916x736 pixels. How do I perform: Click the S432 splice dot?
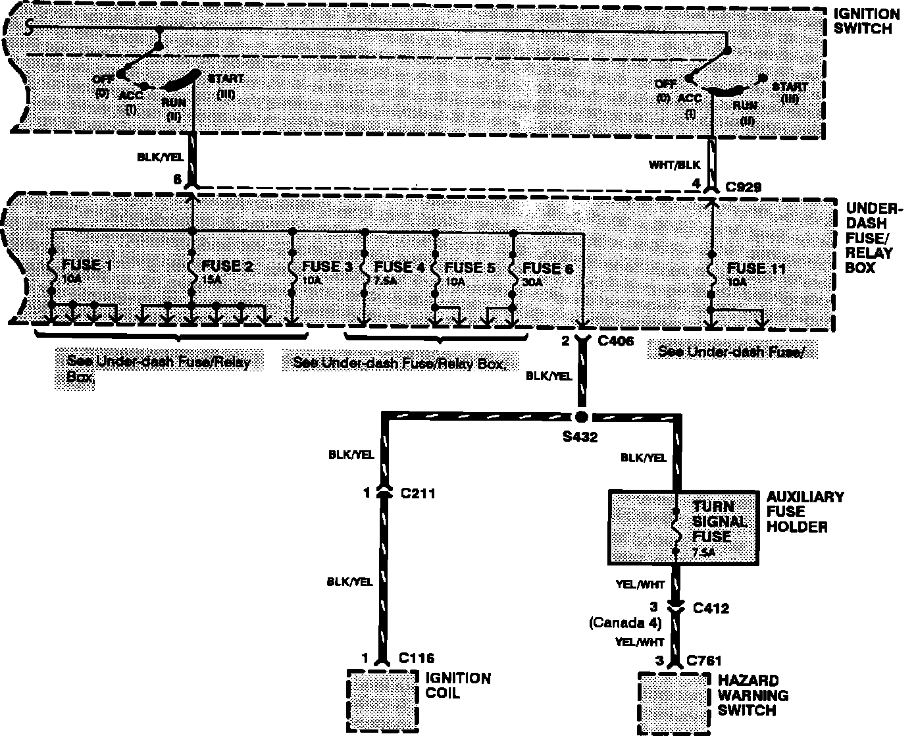coord(580,417)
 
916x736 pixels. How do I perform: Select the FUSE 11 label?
coord(756,269)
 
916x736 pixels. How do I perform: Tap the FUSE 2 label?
coord(227,266)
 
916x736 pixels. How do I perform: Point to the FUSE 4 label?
coord(399,267)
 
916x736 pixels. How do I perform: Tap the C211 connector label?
coord(418,492)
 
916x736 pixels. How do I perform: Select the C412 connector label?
coord(711,608)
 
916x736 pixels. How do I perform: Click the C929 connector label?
coord(743,188)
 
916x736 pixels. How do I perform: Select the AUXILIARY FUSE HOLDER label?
coord(805,512)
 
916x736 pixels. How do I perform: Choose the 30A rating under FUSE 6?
coord(532,282)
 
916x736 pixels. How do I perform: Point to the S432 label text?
coord(580,436)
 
